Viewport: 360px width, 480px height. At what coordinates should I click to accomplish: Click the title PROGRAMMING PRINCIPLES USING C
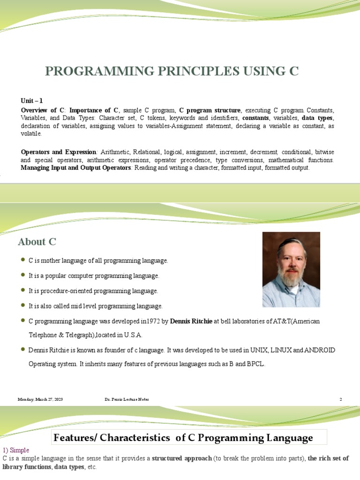172,71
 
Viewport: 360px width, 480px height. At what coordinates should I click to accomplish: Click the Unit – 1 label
32,100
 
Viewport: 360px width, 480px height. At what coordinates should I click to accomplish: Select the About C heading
37,242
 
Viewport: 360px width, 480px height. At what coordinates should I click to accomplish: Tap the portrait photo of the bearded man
291,270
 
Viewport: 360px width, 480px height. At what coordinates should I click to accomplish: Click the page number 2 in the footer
341,399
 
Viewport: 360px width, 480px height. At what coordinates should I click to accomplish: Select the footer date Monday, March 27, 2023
40,399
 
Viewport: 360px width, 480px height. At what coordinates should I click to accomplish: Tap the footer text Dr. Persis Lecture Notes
127,399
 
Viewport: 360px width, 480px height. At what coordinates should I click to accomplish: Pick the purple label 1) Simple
16,450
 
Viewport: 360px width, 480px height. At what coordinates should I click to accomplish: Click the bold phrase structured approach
182,458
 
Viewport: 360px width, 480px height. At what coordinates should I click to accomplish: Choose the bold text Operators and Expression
59,152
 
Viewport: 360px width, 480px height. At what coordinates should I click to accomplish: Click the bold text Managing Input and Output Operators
76,167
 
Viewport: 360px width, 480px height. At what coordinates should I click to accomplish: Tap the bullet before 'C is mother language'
23,260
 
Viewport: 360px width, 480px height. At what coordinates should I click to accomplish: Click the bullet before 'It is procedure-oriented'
23,291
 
